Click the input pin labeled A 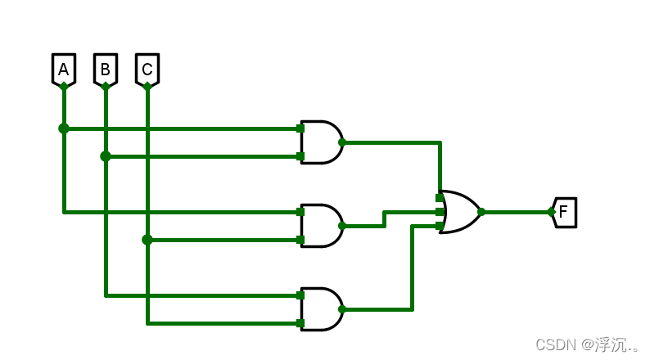[x=64, y=70]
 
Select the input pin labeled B [x=106, y=70]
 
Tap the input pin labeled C [x=147, y=70]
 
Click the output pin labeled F [x=564, y=212]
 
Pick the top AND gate [x=321, y=142]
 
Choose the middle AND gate [x=321, y=226]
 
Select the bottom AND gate [x=321, y=309]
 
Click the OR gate [x=458, y=212]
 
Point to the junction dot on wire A [x=64, y=128]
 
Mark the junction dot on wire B [x=106, y=156]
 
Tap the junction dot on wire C [x=147, y=240]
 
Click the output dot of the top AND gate [x=342, y=142]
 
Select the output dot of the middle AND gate [x=342, y=226]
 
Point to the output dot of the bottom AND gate [x=342, y=309]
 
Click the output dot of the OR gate [x=481, y=212]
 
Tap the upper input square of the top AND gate [x=300, y=128]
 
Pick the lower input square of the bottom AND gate [x=300, y=323]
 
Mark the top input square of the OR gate [x=440, y=198]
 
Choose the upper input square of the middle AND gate [x=300, y=212]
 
